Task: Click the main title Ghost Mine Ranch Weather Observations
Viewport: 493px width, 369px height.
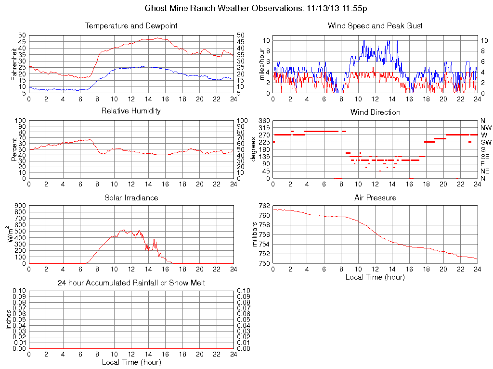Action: click(x=256, y=8)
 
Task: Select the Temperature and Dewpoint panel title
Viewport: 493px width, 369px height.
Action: click(x=131, y=25)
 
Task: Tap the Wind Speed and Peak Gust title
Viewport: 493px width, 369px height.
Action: click(x=375, y=25)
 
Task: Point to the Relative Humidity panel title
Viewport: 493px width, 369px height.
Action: click(x=131, y=111)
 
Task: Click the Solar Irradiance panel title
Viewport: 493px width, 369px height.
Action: click(x=131, y=197)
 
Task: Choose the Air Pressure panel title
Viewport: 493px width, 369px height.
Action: click(x=375, y=197)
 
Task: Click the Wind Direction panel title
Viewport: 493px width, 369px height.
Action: click(x=375, y=112)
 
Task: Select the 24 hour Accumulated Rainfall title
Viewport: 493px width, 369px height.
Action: click(x=131, y=283)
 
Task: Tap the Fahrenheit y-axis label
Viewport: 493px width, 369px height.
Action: click(x=15, y=64)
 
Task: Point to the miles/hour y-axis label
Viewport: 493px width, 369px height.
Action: click(x=262, y=64)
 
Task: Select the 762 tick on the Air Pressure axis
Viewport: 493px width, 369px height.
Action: click(x=264, y=206)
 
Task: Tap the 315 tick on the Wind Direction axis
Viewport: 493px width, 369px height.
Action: click(x=264, y=128)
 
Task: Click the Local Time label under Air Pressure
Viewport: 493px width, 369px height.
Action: click(x=375, y=277)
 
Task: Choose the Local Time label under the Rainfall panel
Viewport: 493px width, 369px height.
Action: click(x=131, y=362)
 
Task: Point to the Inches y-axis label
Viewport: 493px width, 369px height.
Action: click(x=9, y=320)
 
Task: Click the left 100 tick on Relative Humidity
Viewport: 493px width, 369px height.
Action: click(x=21, y=121)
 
